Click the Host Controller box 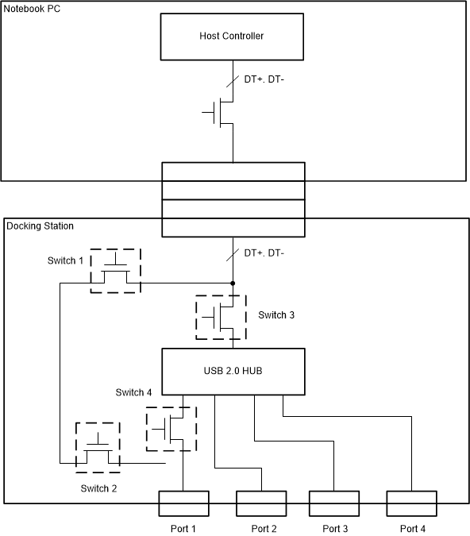pyautogui.click(x=232, y=37)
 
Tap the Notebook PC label pyautogui.click(x=31, y=9)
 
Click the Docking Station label pyautogui.click(x=40, y=226)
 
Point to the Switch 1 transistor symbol pyautogui.click(x=114, y=271)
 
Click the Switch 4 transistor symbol pyautogui.click(x=170, y=429)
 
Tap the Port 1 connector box pyautogui.click(x=183, y=503)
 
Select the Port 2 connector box pyautogui.click(x=261, y=503)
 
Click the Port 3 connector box pyautogui.click(x=333, y=503)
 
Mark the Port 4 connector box pyautogui.click(x=411, y=503)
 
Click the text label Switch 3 pyautogui.click(x=276, y=315)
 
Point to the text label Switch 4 pyautogui.click(x=133, y=392)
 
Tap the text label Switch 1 pyautogui.click(x=64, y=261)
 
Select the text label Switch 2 pyautogui.click(x=98, y=488)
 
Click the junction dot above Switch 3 pyautogui.click(x=232, y=283)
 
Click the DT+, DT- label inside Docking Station pyautogui.click(x=264, y=253)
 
